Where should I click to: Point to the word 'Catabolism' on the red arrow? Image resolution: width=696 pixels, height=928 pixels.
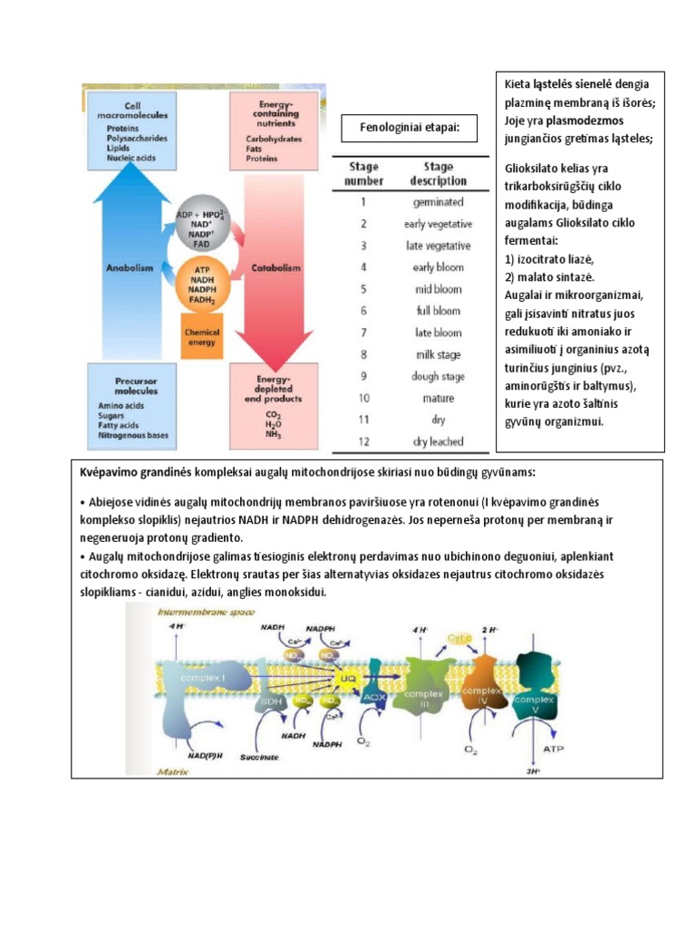coord(276,268)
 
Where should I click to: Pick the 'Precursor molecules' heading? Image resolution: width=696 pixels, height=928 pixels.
coord(130,385)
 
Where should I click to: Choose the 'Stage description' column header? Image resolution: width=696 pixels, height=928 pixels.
coord(439,173)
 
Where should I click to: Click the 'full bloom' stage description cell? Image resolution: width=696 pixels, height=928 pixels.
coord(439,311)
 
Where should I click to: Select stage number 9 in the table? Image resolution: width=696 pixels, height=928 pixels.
coord(363,376)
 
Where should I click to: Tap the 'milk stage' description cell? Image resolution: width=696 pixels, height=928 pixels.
coord(439,354)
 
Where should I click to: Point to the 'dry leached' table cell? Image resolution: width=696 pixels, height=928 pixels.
coord(439,441)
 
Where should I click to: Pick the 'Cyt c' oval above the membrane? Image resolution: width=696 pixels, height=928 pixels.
coord(459,638)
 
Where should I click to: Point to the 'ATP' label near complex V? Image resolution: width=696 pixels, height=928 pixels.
coord(553,749)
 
